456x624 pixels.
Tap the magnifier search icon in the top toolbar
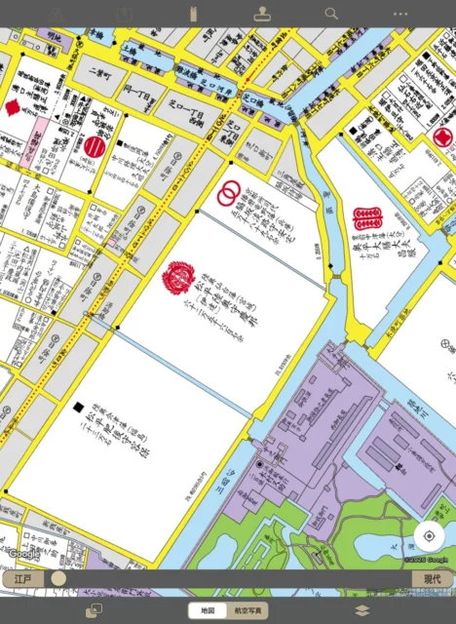coord(331,14)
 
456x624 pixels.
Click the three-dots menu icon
coord(400,14)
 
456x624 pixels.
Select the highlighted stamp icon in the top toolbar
coord(262,14)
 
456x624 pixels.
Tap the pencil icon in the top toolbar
coord(55,14)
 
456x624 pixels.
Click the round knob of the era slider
coord(58,579)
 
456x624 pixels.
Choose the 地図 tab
coord(208,610)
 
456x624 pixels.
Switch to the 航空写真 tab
coord(248,610)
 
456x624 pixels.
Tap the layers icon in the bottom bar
coord(361,610)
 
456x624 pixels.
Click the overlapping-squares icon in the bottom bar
coord(95,610)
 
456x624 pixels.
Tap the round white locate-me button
coord(429,536)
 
